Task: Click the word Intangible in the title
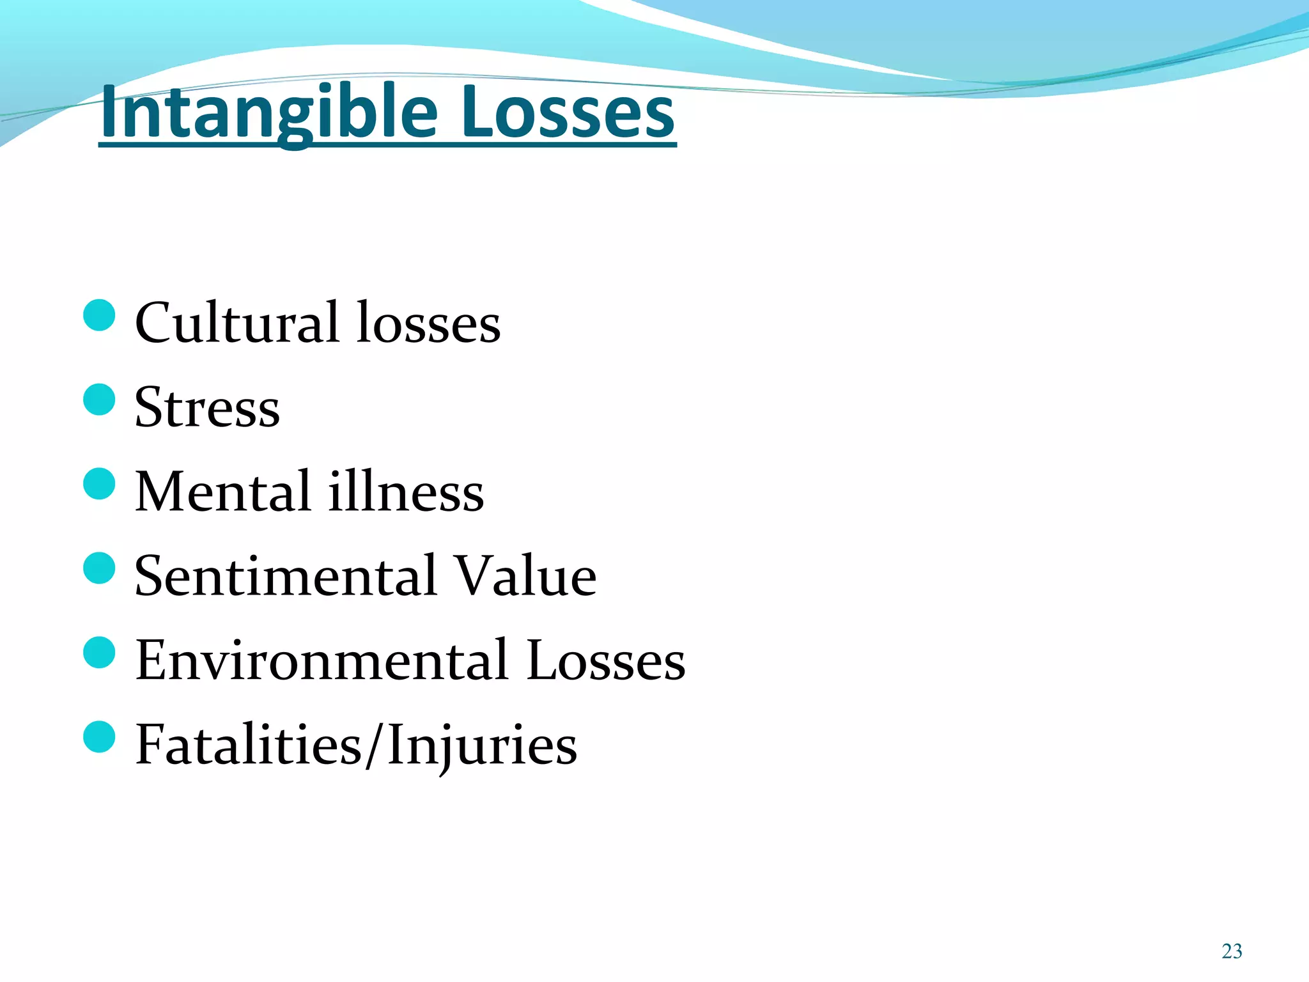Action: click(x=268, y=114)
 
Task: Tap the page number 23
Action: click(x=1232, y=951)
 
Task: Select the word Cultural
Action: click(x=236, y=323)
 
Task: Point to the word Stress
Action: click(x=207, y=408)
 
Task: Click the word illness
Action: click(x=407, y=492)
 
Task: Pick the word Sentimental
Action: click(x=286, y=576)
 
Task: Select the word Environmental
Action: click(x=322, y=660)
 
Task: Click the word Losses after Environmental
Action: click(x=605, y=660)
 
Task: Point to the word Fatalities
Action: click(x=249, y=745)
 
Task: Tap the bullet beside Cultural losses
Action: click(x=99, y=315)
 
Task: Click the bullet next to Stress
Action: click(x=99, y=400)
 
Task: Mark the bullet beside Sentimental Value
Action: click(x=99, y=568)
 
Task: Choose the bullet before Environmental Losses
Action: click(x=99, y=652)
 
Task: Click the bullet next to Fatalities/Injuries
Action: click(x=99, y=736)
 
